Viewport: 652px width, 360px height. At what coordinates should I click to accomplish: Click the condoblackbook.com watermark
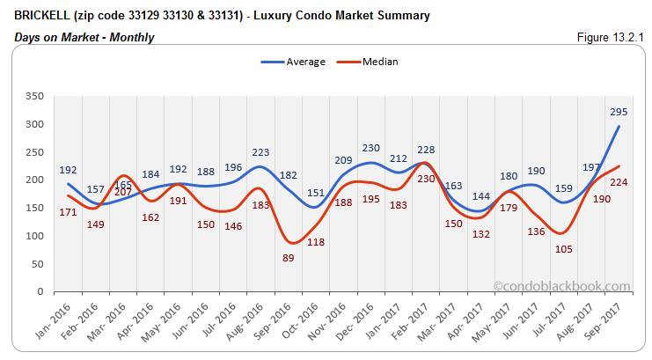tap(562, 286)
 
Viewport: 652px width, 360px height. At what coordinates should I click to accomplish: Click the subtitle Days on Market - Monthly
tap(84, 37)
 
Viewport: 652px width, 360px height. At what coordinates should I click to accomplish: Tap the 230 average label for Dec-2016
tap(371, 148)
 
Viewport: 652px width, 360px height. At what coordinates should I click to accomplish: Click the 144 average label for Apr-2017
tap(481, 196)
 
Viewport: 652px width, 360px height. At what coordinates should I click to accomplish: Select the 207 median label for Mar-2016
tap(123, 191)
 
